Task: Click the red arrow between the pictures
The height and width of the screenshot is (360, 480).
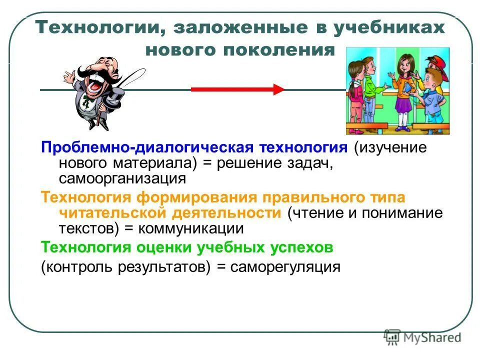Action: click(237, 89)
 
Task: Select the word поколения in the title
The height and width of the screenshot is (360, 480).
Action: click(280, 50)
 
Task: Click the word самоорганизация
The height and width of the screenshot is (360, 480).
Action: click(122, 178)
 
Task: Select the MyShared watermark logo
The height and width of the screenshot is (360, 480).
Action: click(423, 338)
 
